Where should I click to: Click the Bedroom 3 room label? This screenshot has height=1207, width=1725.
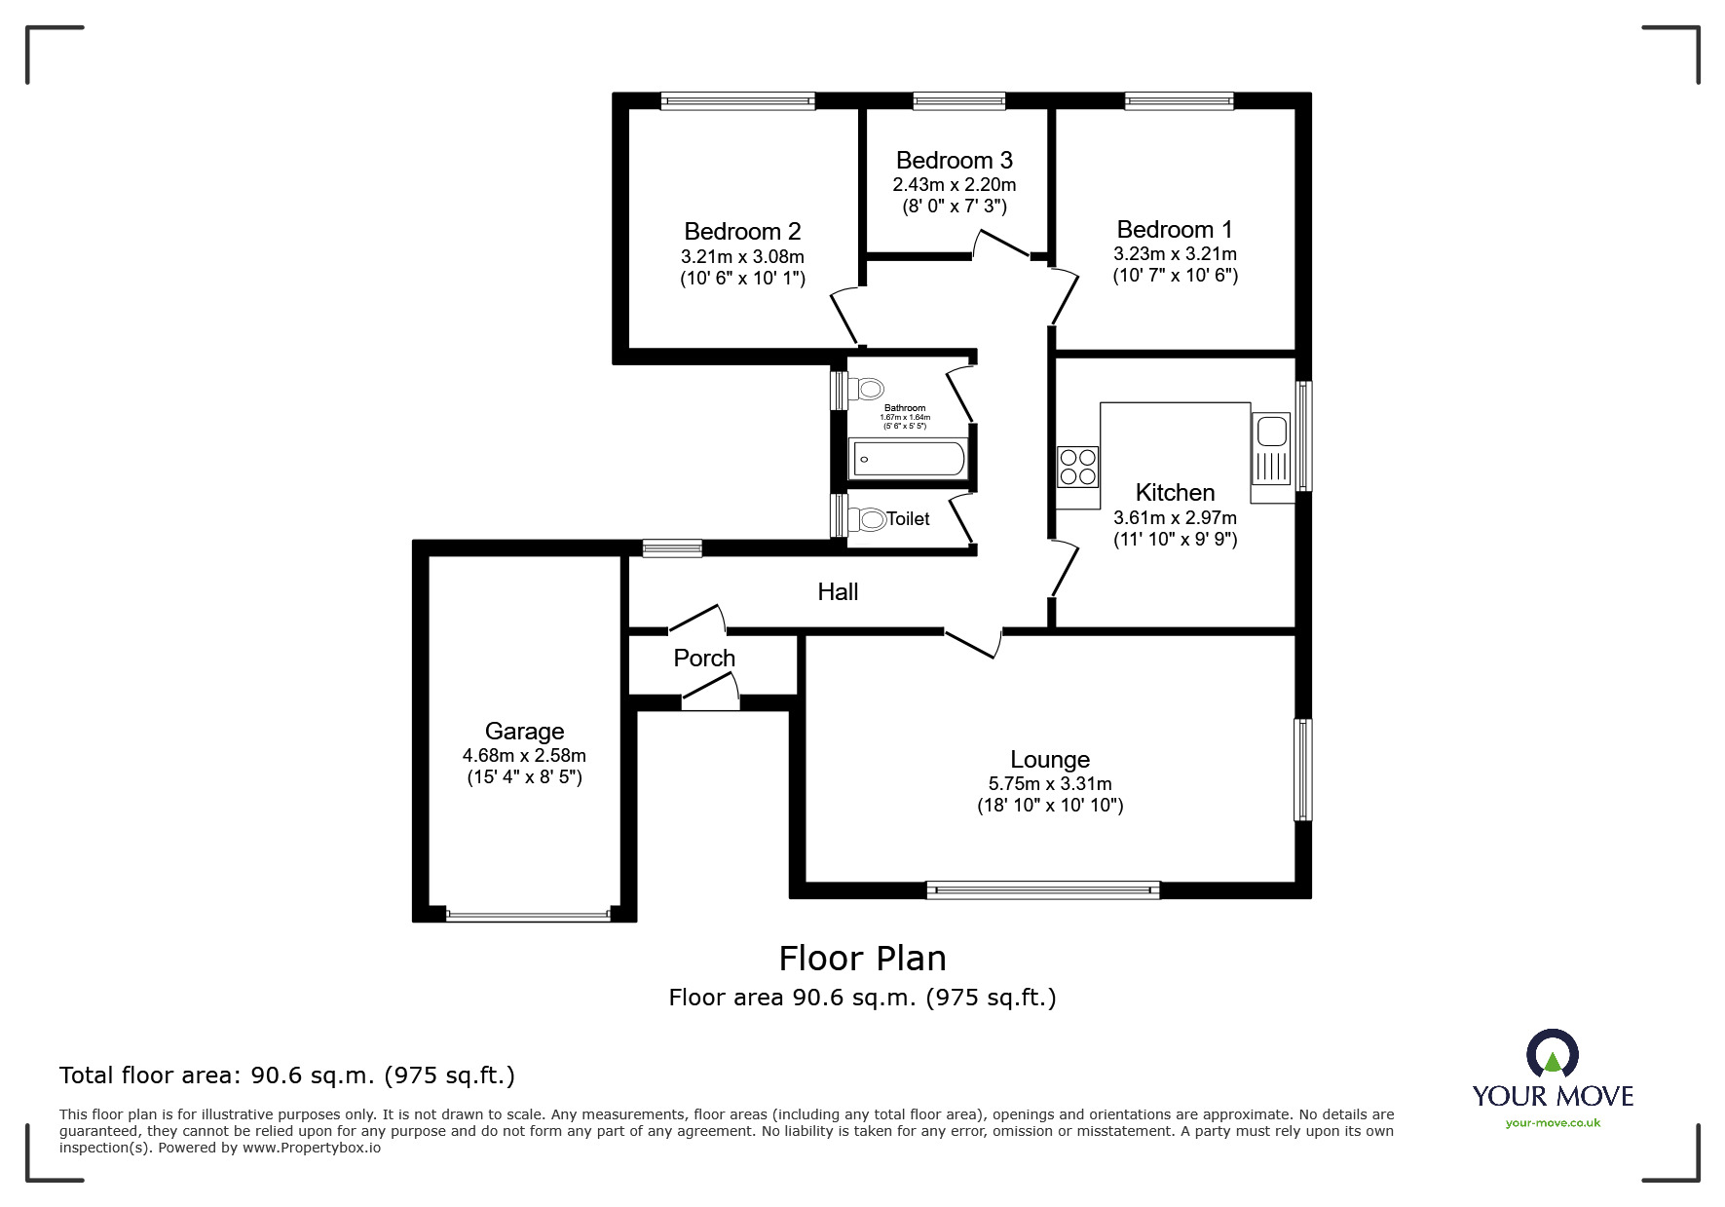click(954, 160)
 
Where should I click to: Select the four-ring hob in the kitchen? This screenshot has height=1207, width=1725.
click(1077, 466)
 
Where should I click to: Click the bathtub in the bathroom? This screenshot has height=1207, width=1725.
click(908, 458)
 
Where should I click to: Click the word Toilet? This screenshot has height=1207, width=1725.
click(908, 519)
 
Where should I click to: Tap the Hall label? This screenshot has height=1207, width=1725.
click(838, 591)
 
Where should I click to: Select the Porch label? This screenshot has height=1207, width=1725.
click(704, 659)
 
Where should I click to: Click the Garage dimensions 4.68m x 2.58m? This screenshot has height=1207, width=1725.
click(524, 755)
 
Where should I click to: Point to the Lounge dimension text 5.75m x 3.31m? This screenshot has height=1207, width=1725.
click(1050, 783)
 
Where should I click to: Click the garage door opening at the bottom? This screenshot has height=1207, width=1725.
click(527, 916)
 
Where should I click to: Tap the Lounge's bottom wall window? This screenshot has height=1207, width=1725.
click(1042, 888)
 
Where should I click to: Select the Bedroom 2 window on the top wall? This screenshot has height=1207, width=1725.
click(737, 100)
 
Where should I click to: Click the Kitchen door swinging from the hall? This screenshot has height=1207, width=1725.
click(1066, 571)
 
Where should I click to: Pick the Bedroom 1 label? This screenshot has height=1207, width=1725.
click(1174, 230)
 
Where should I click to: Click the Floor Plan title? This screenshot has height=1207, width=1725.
click(862, 959)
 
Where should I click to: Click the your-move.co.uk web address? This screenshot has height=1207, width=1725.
click(1553, 1123)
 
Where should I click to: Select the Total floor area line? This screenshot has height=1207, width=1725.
click(287, 1075)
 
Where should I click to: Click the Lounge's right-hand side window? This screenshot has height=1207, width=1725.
click(1302, 770)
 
